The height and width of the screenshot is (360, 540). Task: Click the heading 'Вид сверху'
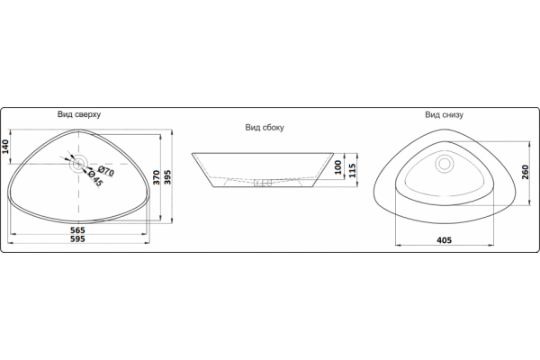79,114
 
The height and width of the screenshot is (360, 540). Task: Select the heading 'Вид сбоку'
265,128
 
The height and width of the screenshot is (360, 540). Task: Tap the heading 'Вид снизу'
444,114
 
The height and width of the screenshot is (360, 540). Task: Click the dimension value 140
5,147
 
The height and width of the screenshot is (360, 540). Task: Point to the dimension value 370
157,177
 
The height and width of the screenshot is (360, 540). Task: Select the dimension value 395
167,177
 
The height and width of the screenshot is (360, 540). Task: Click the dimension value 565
77,230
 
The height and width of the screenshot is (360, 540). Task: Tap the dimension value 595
77,239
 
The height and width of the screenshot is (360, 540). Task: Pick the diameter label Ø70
105,171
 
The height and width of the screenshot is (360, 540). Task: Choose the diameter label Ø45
95,178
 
